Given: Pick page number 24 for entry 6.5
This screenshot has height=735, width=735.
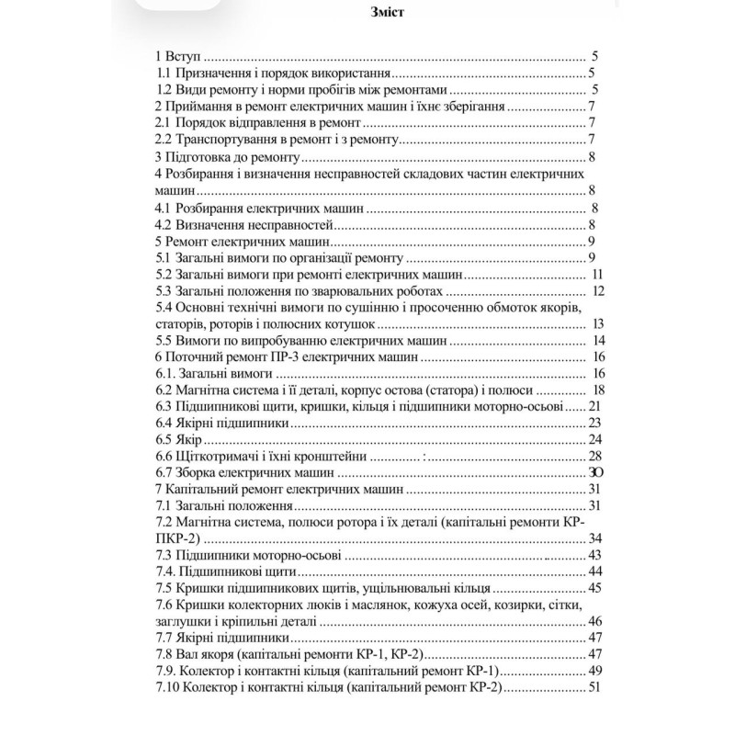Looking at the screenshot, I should tap(594, 439).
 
